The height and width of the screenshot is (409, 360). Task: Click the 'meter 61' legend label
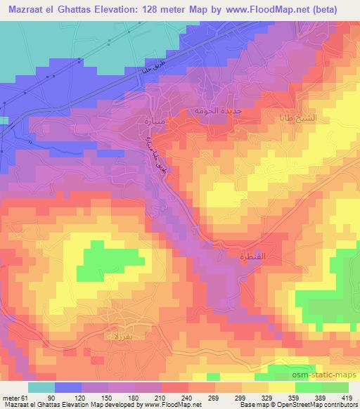(12, 397)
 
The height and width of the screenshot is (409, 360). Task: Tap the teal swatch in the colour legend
(41, 387)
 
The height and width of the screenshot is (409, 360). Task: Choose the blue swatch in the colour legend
(69, 387)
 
